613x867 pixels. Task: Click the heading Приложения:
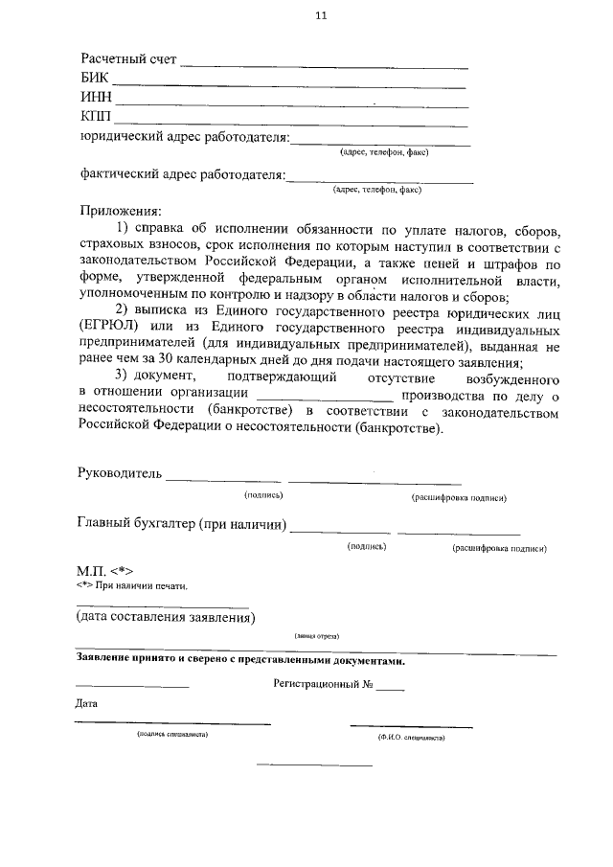(x=120, y=210)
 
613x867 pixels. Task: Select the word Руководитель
(x=120, y=473)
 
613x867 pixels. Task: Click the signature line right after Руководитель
(x=224, y=479)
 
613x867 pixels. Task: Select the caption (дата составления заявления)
(x=166, y=617)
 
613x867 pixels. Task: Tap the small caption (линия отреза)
(x=316, y=636)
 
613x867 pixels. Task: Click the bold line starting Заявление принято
(x=240, y=661)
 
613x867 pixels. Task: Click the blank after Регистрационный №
(x=390, y=689)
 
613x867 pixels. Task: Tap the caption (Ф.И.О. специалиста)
(x=411, y=739)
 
